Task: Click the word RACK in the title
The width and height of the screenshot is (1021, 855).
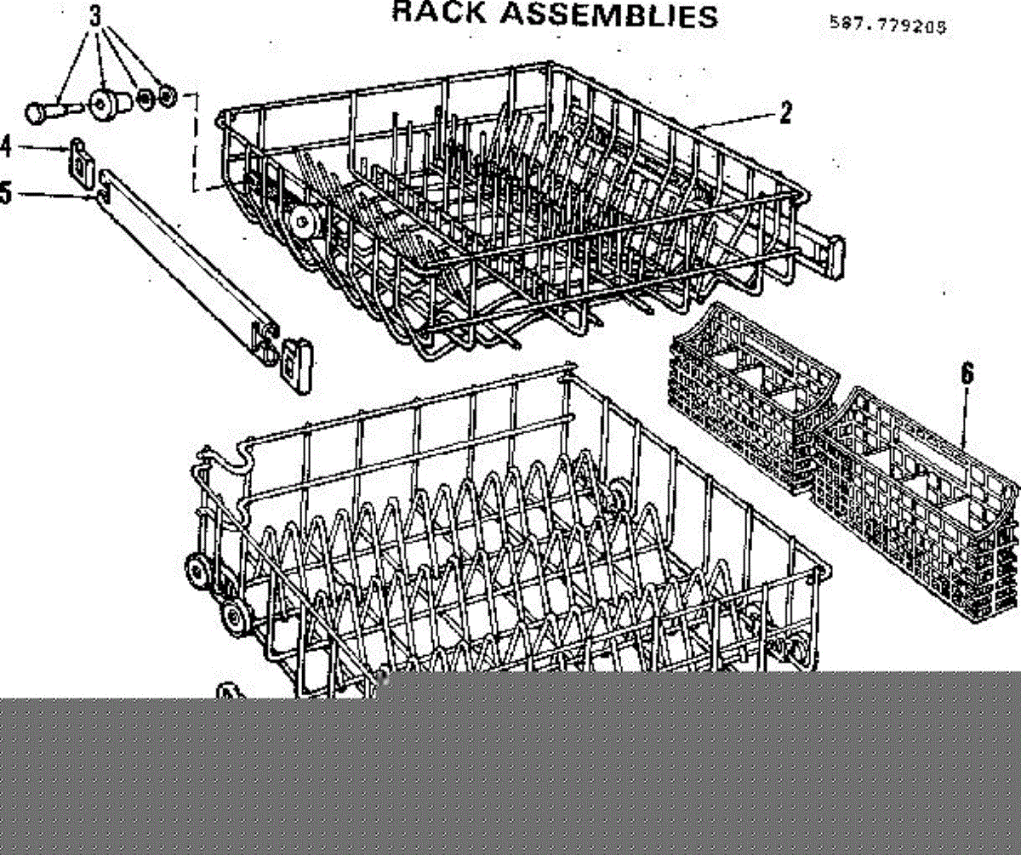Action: [x=434, y=13]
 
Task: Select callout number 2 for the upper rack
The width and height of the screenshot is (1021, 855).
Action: [x=785, y=112]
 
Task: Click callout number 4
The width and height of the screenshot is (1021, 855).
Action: [x=6, y=146]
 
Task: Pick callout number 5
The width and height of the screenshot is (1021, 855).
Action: [x=6, y=194]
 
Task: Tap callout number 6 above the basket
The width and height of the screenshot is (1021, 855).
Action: [x=967, y=374]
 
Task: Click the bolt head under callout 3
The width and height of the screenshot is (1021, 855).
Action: [x=38, y=111]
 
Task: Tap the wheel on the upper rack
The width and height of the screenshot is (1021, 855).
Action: [x=300, y=222]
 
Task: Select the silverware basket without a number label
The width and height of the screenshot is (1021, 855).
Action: [x=749, y=387]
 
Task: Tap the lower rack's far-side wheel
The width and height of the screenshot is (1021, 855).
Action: [x=619, y=495]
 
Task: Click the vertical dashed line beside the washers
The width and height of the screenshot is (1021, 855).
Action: [x=198, y=140]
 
